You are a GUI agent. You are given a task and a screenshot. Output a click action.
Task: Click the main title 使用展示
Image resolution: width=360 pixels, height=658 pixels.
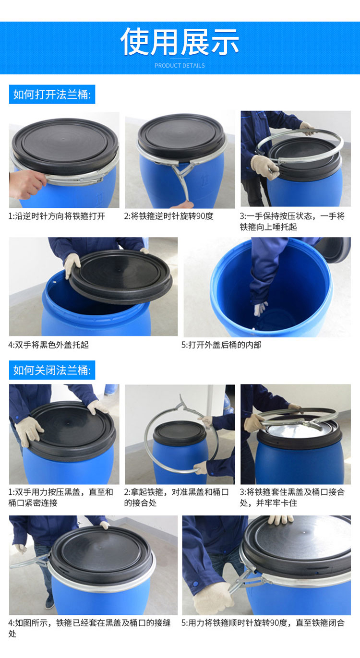point(180,42)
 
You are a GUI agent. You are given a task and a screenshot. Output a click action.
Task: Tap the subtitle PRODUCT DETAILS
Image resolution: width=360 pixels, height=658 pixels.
point(180,65)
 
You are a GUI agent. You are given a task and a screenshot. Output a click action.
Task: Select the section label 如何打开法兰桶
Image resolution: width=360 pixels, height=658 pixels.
point(52,95)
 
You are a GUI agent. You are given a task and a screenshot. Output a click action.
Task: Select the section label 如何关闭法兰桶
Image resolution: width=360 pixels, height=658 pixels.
point(52,370)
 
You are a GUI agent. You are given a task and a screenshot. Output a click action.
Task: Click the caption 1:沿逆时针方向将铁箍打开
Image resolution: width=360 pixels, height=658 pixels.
point(57,216)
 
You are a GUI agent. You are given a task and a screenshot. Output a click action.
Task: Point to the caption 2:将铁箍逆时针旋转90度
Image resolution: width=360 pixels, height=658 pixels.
point(168,216)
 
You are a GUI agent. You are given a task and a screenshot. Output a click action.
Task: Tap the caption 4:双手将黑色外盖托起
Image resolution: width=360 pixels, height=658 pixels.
point(48,345)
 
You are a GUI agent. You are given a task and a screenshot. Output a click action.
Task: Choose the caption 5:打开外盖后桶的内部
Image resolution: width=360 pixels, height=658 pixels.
point(221,345)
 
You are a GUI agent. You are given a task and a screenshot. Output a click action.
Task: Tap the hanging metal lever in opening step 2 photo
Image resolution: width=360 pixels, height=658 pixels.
point(182,180)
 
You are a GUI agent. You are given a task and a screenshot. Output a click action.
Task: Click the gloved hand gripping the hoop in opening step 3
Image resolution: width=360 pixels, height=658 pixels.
point(264,167)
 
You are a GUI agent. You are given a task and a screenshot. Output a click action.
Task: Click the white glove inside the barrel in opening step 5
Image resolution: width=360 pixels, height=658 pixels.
point(260,309)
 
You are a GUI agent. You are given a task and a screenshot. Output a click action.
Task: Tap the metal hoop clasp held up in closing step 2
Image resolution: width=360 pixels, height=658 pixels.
point(183,405)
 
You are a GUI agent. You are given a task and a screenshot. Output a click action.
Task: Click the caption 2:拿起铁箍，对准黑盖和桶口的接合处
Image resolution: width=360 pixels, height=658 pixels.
point(176,497)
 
